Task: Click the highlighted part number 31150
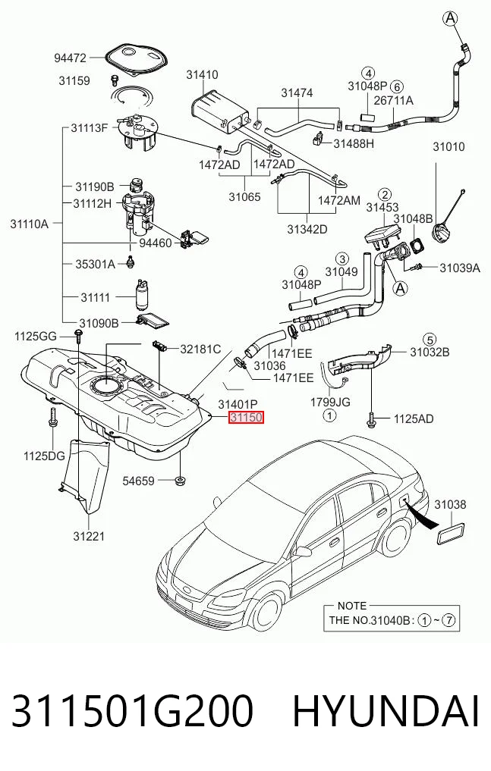pos(246,418)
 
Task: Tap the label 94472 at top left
pos(70,58)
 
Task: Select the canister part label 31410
pos(202,75)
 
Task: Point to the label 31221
pos(89,536)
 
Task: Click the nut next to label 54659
pos(181,479)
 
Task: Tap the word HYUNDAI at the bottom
pos(386,712)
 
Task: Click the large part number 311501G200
pos(132,712)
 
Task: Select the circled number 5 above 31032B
pos(430,339)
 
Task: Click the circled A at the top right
pos(450,19)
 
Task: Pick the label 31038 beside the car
pos(450,504)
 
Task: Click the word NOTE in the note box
pos(352,606)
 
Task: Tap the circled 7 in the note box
pos(449,620)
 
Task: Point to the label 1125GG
pos(36,337)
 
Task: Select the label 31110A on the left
pos(30,224)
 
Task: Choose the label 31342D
pos(307,229)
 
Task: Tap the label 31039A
pos(460,268)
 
